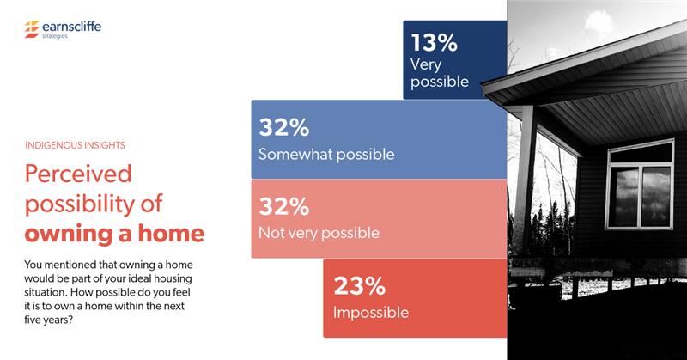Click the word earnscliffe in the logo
pyautogui.click(x=70, y=27)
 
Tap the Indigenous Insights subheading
pyautogui.click(x=81, y=146)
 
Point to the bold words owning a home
pyautogui.click(x=114, y=234)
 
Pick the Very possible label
pyautogui.click(x=439, y=73)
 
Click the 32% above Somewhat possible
pyautogui.click(x=284, y=129)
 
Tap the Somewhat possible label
pyautogui.click(x=326, y=155)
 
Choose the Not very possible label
pyautogui.click(x=319, y=233)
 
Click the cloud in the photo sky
pyautogui.click(x=623, y=21)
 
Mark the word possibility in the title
pyautogui.click(x=79, y=204)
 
